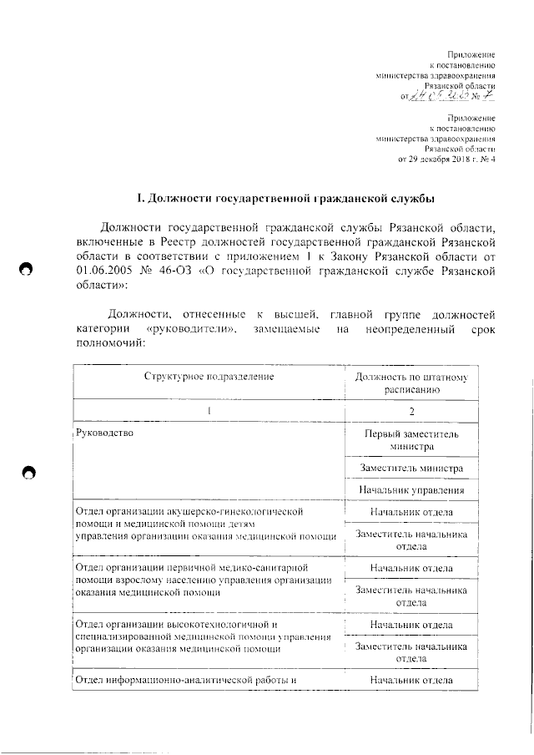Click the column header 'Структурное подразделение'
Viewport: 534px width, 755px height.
pyautogui.click(x=209, y=377)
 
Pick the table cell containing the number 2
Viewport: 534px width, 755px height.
pyautogui.click(x=411, y=411)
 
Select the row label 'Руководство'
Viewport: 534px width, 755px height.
pyautogui.click(x=105, y=433)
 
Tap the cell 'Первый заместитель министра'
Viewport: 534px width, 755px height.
pyautogui.click(x=412, y=440)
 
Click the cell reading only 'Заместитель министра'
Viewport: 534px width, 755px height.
pyautogui.click(x=412, y=469)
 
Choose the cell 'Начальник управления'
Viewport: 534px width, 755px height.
pyautogui.click(x=412, y=490)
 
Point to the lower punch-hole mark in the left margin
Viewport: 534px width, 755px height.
pyautogui.click(x=28, y=473)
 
